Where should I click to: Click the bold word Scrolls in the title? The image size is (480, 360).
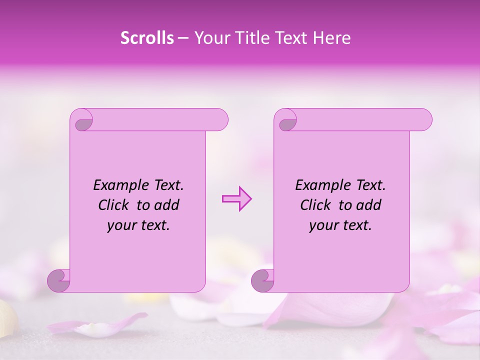point(147,38)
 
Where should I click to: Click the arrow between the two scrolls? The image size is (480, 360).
point(236,199)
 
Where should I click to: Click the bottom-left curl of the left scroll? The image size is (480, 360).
point(59,280)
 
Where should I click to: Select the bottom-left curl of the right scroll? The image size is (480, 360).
point(262,280)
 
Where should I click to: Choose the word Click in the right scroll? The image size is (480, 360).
point(315,205)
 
